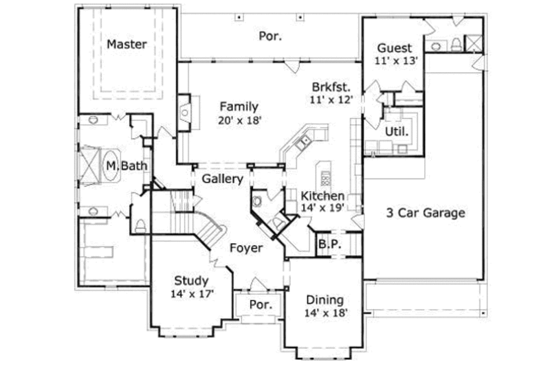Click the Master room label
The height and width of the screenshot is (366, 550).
(126, 45)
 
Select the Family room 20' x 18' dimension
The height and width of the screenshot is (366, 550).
(239, 120)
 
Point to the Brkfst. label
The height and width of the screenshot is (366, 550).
(331, 87)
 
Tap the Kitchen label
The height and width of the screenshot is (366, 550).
(322, 196)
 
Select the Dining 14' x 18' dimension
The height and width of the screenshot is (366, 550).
(324, 312)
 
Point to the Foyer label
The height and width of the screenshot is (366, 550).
(245, 248)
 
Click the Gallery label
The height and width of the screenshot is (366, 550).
(223, 179)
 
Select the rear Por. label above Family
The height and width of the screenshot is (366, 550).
(270, 35)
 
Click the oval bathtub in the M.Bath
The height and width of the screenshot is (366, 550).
(110, 166)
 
